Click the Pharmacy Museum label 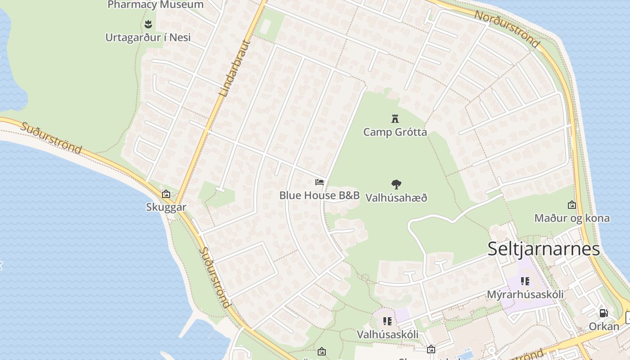point(156,5)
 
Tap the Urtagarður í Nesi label point(148,37)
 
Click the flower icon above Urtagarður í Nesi point(148,23)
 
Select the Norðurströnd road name point(507,28)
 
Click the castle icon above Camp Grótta point(395,119)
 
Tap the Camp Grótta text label point(395,132)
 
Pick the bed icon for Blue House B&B point(319,182)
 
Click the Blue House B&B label point(319,195)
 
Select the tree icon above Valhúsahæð point(396,184)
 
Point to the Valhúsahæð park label point(396,198)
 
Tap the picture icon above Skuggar point(166,194)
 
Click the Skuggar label point(166,207)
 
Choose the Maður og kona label point(572,218)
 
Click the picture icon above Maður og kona point(572,205)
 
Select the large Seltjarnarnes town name point(544,249)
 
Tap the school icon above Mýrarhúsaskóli point(525,281)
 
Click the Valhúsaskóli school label point(387,334)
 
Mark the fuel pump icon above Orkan point(603,313)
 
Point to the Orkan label point(604,326)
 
